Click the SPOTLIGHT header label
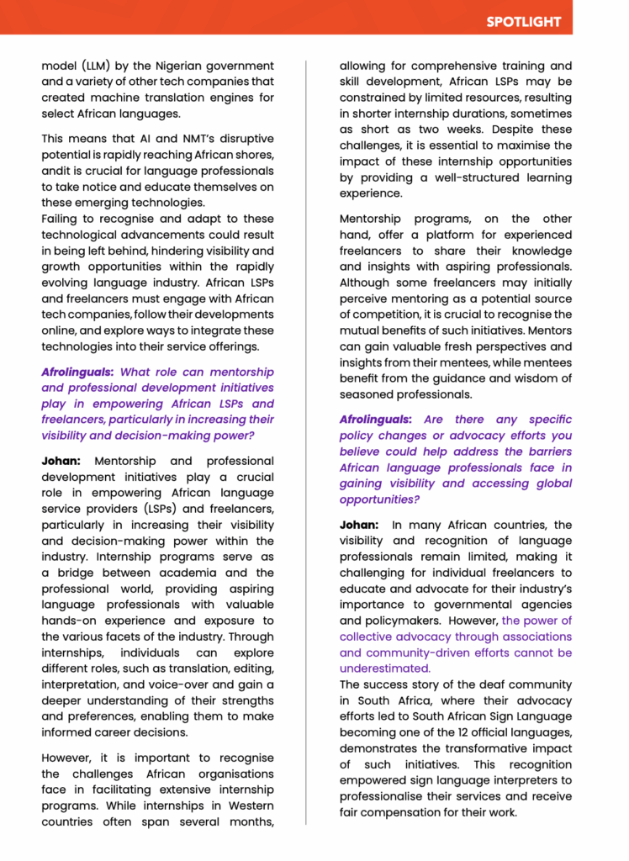point(522,22)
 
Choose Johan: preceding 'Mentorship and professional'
point(63,461)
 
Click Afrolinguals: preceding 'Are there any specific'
point(375,420)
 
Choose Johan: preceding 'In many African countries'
point(360,525)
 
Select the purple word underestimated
point(385,668)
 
